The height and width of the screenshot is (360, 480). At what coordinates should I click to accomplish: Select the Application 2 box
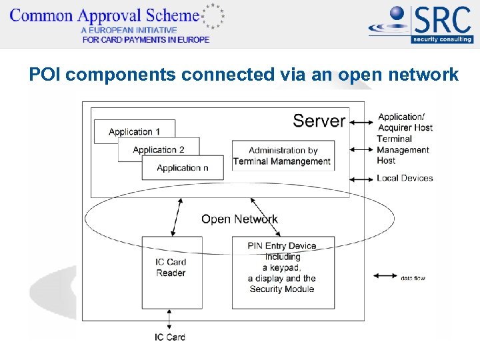coord(159,150)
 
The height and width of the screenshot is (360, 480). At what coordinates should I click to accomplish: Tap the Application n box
coord(182,168)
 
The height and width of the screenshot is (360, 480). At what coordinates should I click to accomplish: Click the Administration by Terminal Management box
coord(282,156)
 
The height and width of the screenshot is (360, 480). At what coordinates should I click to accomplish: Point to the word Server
coord(319,121)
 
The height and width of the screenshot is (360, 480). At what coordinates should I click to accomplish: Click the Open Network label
coord(239,219)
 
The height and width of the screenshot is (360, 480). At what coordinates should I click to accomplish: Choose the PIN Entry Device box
coord(283,271)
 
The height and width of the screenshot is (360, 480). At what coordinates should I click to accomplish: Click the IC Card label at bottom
coord(170,337)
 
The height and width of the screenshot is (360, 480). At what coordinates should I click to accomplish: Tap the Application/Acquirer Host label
coord(405,122)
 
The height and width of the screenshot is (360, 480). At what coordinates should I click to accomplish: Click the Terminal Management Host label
coord(403,150)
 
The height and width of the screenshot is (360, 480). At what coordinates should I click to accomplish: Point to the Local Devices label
coord(405,178)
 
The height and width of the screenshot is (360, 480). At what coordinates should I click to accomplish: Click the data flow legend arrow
coord(385,277)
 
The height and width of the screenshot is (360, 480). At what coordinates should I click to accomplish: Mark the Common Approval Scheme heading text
coord(105,15)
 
